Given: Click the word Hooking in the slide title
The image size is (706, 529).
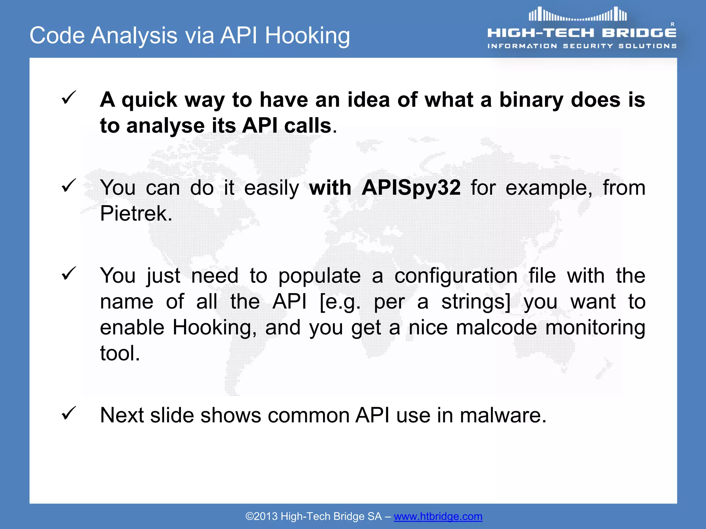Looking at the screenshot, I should pos(307,36).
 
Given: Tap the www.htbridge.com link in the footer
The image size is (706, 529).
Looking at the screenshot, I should pos(438,516).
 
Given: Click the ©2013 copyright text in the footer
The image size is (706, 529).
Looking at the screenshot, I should pos(261,516).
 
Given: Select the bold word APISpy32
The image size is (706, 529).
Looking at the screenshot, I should pos(411,188).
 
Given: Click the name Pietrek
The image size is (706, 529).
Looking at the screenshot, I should pos(136,214).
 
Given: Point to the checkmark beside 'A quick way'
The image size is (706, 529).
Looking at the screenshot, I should pos(69,98).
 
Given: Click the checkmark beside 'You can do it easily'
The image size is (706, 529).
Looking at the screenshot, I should pos(69,186).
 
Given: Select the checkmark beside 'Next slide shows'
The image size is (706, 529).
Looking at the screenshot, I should pos(69,413).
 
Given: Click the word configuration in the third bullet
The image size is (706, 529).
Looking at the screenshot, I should pos(456,276).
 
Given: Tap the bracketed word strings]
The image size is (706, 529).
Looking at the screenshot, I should pos(476,302).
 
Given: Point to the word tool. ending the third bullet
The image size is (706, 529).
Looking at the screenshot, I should pos(120,353).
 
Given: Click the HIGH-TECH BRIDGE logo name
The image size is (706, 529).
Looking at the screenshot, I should pos(582,33).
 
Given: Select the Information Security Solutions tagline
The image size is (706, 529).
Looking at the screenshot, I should pos(582,46).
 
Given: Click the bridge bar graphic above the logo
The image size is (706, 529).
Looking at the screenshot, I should pos(578,15).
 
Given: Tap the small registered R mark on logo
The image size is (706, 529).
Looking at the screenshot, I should pos(672,24).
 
